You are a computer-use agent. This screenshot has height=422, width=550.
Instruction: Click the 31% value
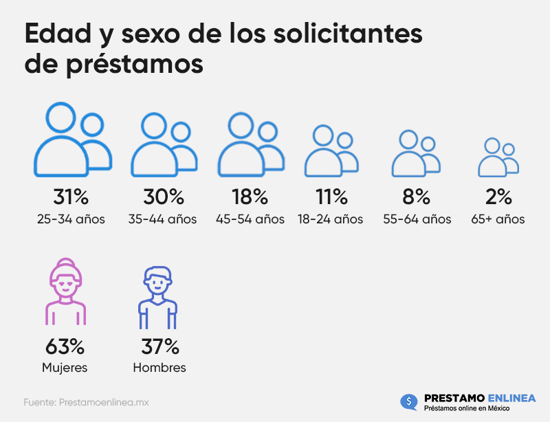point(71,197)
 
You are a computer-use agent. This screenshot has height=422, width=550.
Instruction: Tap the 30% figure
point(164,197)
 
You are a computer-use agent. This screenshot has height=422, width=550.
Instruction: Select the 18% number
point(250,197)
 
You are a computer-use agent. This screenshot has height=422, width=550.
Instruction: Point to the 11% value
point(331,197)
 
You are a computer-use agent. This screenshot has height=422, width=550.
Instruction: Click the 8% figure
point(416,197)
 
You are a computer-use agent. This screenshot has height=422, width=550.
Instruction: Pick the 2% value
point(498,197)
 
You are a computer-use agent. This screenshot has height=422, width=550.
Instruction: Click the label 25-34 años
point(71,220)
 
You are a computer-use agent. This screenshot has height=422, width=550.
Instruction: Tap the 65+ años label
point(498,220)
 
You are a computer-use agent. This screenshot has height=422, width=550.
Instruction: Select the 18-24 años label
point(331,220)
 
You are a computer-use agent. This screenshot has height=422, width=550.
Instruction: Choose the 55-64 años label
point(417,220)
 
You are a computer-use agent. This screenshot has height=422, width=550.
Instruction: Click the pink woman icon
point(65,292)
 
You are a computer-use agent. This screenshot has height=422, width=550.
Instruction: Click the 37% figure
point(159,345)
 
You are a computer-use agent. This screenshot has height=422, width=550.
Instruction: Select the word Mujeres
point(65,368)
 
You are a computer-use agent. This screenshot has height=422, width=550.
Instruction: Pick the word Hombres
point(159,368)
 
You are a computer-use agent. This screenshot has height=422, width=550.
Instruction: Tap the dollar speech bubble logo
point(409,401)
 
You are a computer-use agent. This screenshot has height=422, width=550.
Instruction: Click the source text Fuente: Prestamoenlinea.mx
point(87,401)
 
